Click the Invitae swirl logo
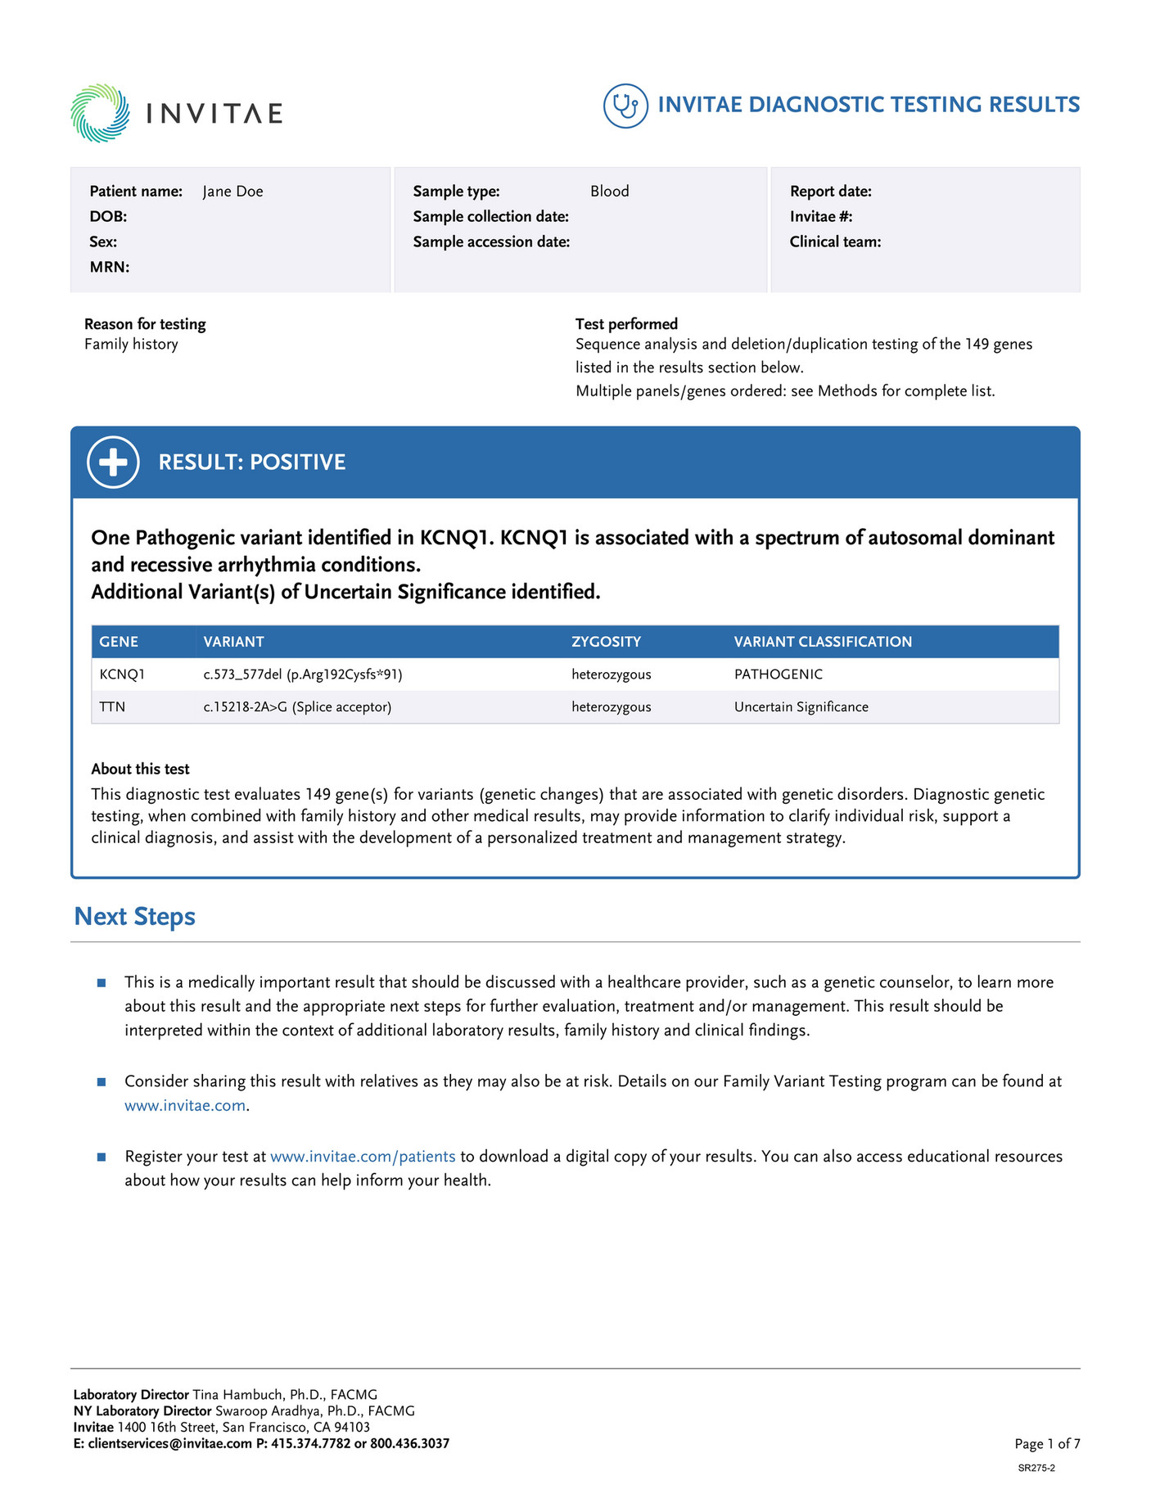click(100, 113)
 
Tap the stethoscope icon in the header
click(625, 106)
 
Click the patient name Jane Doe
click(232, 192)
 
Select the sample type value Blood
click(609, 192)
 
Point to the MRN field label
click(110, 267)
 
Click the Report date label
click(830, 192)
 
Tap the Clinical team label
click(835, 241)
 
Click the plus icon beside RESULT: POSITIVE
click(113, 462)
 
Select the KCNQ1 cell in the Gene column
click(122, 675)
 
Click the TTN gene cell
click(112, 707)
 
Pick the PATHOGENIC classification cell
click(778, 675)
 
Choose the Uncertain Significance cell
click(801, 707)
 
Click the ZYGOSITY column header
click(606, 642)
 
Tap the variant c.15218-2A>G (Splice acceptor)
click(297, 707)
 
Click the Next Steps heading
click(134, 917)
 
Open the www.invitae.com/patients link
click(363, 1157)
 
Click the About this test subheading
click(140, 769)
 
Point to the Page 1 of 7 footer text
click(1047, 1444)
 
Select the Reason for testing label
click(145, 324)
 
